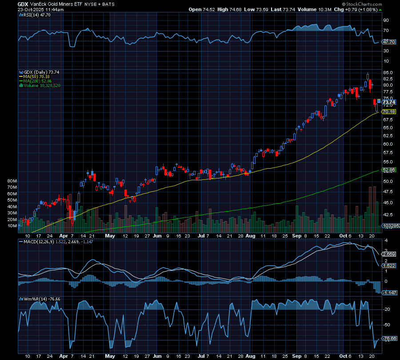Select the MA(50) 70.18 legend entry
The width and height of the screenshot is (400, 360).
(37, 76)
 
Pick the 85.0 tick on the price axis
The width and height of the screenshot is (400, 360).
(387, 72)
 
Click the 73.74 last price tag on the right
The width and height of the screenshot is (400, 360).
(388, 102)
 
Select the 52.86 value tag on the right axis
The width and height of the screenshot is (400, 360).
(388, 170)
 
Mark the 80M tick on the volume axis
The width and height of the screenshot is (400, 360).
(12, 182)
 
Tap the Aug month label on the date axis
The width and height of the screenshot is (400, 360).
(251, 236)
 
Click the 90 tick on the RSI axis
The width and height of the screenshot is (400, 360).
(386, 20)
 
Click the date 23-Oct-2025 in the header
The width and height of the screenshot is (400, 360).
(31, 9)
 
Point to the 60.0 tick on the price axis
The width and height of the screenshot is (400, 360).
(387, 144)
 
